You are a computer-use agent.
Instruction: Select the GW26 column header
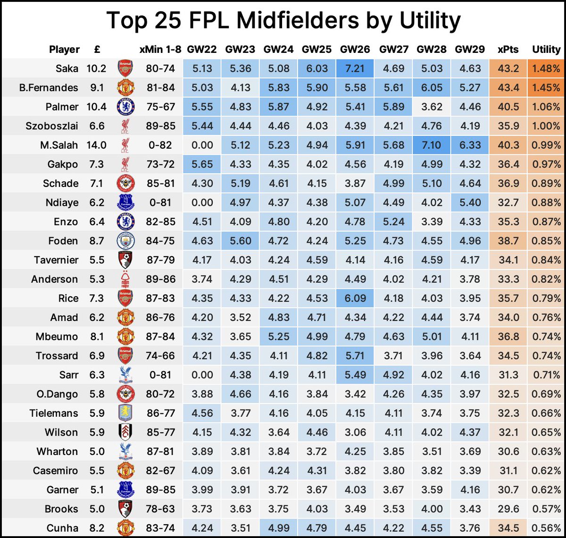[355, 50]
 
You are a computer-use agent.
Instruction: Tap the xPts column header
[508, 50]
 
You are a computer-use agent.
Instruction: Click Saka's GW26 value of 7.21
[355, 68]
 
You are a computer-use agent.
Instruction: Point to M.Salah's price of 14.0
[96, 145]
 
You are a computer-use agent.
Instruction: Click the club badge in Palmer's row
[125, 107]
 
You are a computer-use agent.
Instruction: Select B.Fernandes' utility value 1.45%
[547, 88]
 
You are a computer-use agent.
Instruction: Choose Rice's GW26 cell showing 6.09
[355, 298]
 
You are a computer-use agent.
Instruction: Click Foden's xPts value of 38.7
[508, 241]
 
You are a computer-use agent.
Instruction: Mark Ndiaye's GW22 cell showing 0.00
[202, 202]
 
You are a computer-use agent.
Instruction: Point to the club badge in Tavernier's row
[125, 260]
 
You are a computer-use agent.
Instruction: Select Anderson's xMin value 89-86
[160, 279]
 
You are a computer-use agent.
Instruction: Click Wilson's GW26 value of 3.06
[355, 432]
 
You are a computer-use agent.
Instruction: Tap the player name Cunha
[62, 528]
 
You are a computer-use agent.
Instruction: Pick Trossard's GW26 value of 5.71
[355, 356]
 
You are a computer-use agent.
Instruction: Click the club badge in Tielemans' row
[125, 413]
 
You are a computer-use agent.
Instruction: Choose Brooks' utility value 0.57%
[547, 509]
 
